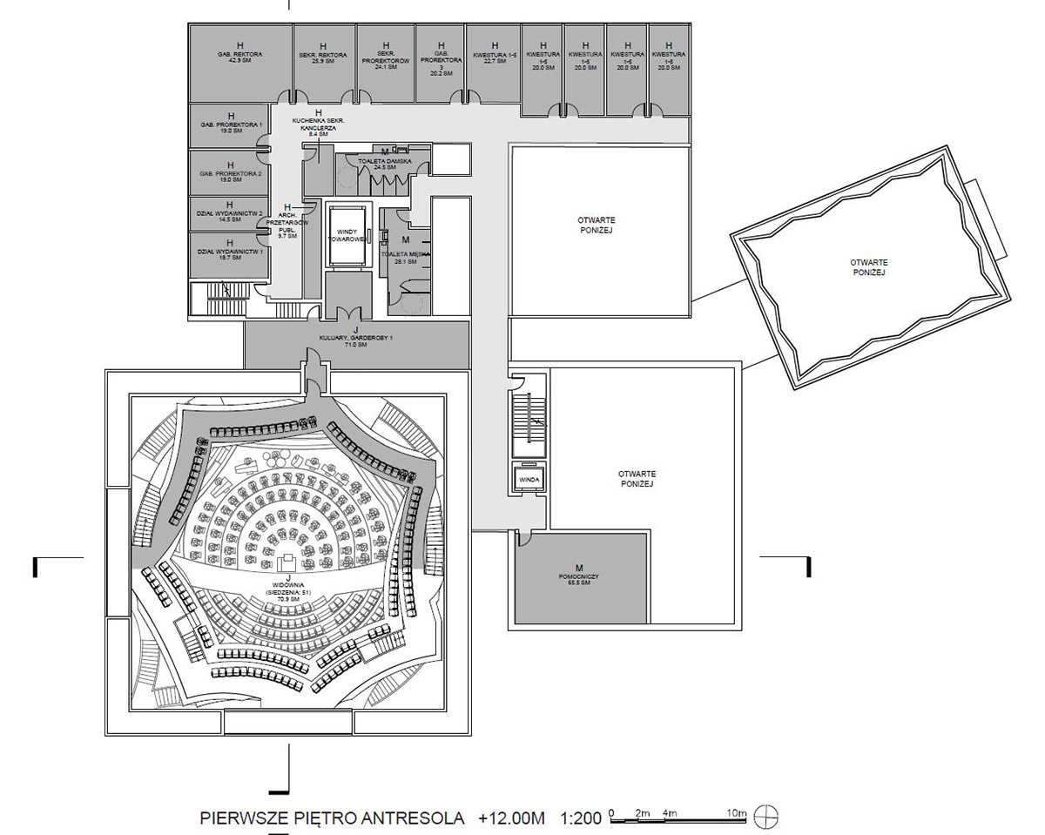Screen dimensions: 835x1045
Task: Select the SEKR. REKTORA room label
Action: click(322, 56)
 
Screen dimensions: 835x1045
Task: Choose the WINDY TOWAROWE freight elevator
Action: click(348, 235)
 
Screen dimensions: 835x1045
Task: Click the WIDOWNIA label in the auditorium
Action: click(287, 586)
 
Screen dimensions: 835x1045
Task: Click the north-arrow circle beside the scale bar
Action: click(767, 817)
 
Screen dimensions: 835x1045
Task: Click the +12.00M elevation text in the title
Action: click(511, 818)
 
